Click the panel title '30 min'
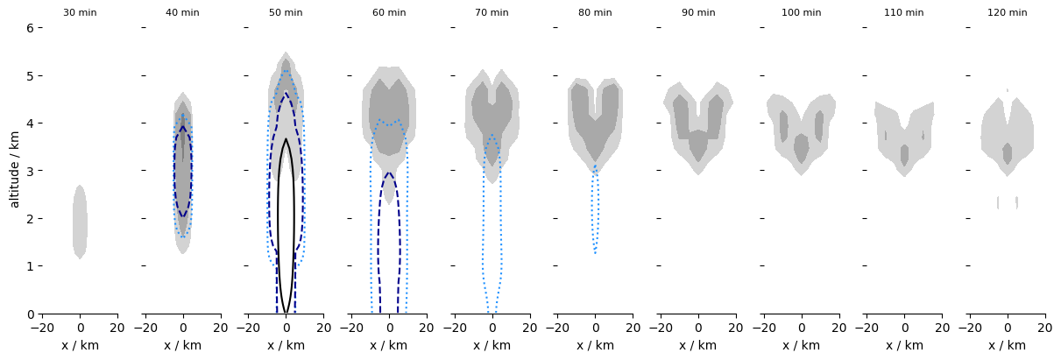point(80,13)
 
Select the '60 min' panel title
point(389,13)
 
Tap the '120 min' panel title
point(1007,13)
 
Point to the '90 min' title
point(698,13)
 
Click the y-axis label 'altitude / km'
point(14,171)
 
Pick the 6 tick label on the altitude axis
point(30,28)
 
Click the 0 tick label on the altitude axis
point(30,314)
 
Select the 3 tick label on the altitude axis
point(30,171)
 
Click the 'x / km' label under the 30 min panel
point(80,346)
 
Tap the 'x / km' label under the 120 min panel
point(1007,346)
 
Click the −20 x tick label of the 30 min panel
point(41,328)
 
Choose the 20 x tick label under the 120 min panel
point(1044,328)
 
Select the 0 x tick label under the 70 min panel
point(492,328)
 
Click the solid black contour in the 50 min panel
point(279,219)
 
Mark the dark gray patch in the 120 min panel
point(1008,153)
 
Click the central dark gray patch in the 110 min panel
point(904,155)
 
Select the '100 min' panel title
point(801,13)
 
